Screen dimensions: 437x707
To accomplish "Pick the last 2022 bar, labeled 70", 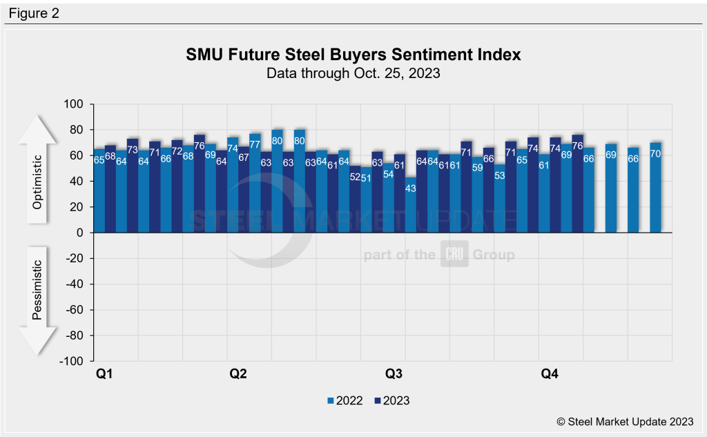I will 655,187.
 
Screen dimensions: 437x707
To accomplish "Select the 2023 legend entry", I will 391,400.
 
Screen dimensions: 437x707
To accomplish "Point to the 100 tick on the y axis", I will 74,104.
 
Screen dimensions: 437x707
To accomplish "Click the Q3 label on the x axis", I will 394,374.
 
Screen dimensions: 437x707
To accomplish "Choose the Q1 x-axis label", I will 104,374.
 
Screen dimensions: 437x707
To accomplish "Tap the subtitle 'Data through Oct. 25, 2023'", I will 353,72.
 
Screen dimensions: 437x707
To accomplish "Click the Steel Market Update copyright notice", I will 626,421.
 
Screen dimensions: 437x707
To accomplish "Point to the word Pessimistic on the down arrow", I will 39,290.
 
